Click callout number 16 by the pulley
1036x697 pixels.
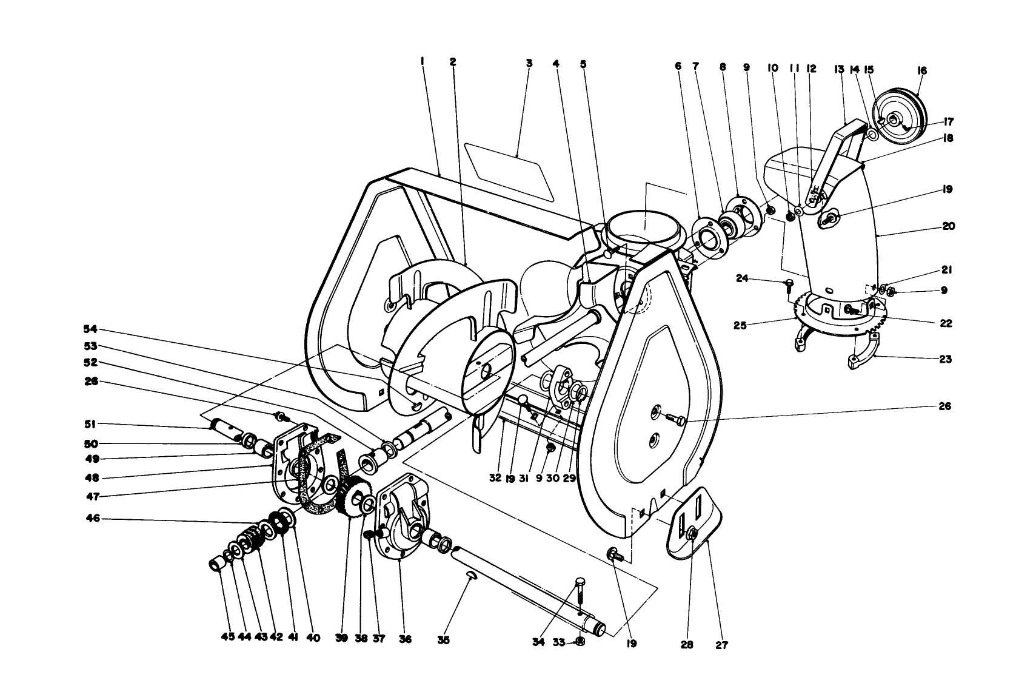[x=922, y=71]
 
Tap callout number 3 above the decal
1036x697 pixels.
[x=529, y=62]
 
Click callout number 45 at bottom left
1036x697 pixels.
[x=229, y=638]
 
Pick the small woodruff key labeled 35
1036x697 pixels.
[x=471, y=574]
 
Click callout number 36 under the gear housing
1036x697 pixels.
[x=405, y=639]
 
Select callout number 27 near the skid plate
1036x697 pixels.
[x=721, y=645]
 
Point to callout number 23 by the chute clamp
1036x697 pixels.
[x=946, y=359]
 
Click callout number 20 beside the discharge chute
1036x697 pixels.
[x=949, y=226]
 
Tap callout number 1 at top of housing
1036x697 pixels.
[x=423, y=61]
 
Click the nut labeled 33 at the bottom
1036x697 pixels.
[x=580, y=642]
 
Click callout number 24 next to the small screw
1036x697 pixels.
[x=742, y=279]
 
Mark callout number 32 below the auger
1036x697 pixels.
[x=495, y=478]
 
